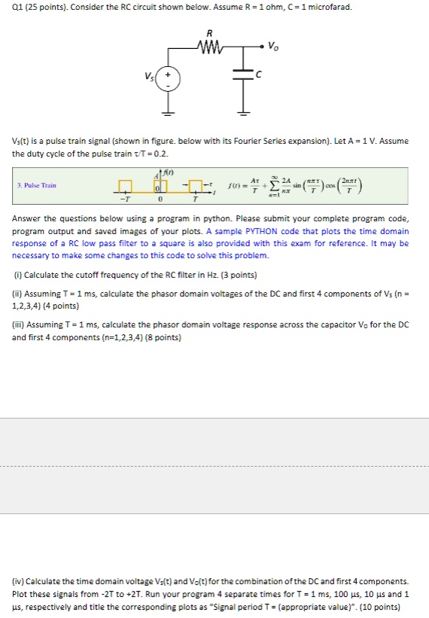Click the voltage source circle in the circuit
(167, 80)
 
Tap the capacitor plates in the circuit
(243, 73)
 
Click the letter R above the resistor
(209, 34)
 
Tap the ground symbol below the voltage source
(167, 113)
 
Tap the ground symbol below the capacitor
(242, 113)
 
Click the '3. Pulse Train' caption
(38, 185)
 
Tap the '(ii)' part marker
(19, 294)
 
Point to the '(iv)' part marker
(20, 581)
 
